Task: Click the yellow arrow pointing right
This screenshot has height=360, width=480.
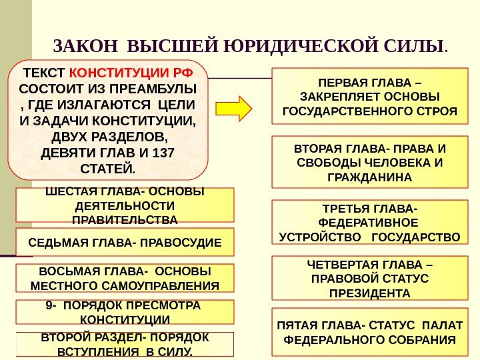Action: [234, 107]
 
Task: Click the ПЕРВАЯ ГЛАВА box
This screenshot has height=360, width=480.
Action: [370, 96]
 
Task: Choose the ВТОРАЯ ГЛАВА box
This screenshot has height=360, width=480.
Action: [370, 163]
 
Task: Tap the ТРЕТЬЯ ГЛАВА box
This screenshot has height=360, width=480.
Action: [370, 223]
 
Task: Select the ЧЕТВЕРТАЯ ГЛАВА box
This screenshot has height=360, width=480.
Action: [370, 279]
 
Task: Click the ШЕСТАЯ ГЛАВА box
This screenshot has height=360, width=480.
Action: [125, 205]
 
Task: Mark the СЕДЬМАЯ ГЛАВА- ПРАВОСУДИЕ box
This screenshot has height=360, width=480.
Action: [125, 242]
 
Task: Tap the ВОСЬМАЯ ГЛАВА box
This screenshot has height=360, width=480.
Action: [125, 279]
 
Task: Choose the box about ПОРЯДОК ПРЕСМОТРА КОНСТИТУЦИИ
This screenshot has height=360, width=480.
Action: [125, 311]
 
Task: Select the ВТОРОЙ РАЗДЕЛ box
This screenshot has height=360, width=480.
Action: [125, 344]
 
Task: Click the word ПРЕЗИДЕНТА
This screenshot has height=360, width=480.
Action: [370, 293]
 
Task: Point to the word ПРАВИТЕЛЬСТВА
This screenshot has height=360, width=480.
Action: [125, 219]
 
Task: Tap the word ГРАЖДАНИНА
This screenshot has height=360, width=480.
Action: [370, 178]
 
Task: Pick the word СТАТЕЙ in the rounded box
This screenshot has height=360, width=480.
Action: [107, 166]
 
